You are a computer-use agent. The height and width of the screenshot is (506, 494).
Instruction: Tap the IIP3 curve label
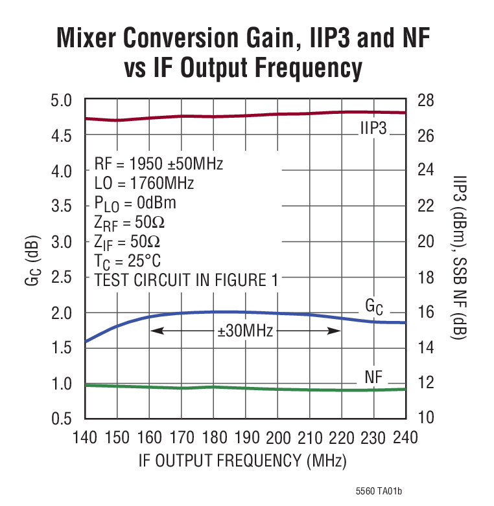point(373,128)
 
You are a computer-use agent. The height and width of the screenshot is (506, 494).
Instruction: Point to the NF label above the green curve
point(373,377)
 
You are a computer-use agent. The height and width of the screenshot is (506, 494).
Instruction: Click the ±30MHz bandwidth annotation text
point(245,331)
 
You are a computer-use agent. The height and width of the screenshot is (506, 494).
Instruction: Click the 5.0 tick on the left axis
point(64,101)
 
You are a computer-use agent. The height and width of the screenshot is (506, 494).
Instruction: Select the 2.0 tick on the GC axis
point(64,313)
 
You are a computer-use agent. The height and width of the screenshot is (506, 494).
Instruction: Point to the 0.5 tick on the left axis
point(64,418)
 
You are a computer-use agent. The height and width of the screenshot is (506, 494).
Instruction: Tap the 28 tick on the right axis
point(425,101)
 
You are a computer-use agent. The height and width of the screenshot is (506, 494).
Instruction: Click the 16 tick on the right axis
point(425,313)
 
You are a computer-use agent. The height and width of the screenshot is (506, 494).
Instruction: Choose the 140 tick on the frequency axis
point(86,437)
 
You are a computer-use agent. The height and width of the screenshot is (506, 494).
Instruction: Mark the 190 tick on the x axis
point(246,437)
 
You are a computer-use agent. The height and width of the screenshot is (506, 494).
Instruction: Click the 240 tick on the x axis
point(405,437)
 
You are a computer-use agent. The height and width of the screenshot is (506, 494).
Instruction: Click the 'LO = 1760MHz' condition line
point(144,184)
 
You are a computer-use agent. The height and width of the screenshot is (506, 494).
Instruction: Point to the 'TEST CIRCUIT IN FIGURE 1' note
point(185,281)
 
